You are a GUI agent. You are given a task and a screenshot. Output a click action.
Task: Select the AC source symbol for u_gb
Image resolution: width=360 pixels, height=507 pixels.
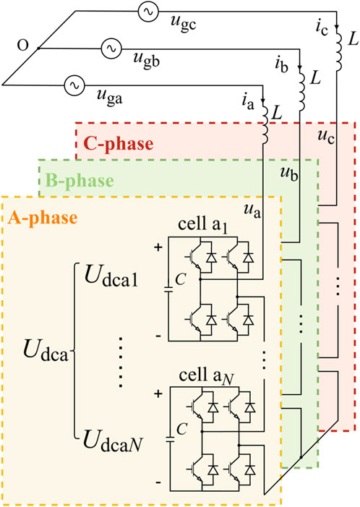pos(112,48)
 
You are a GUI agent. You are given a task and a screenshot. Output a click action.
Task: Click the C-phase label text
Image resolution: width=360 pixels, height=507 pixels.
pos(115,143)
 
